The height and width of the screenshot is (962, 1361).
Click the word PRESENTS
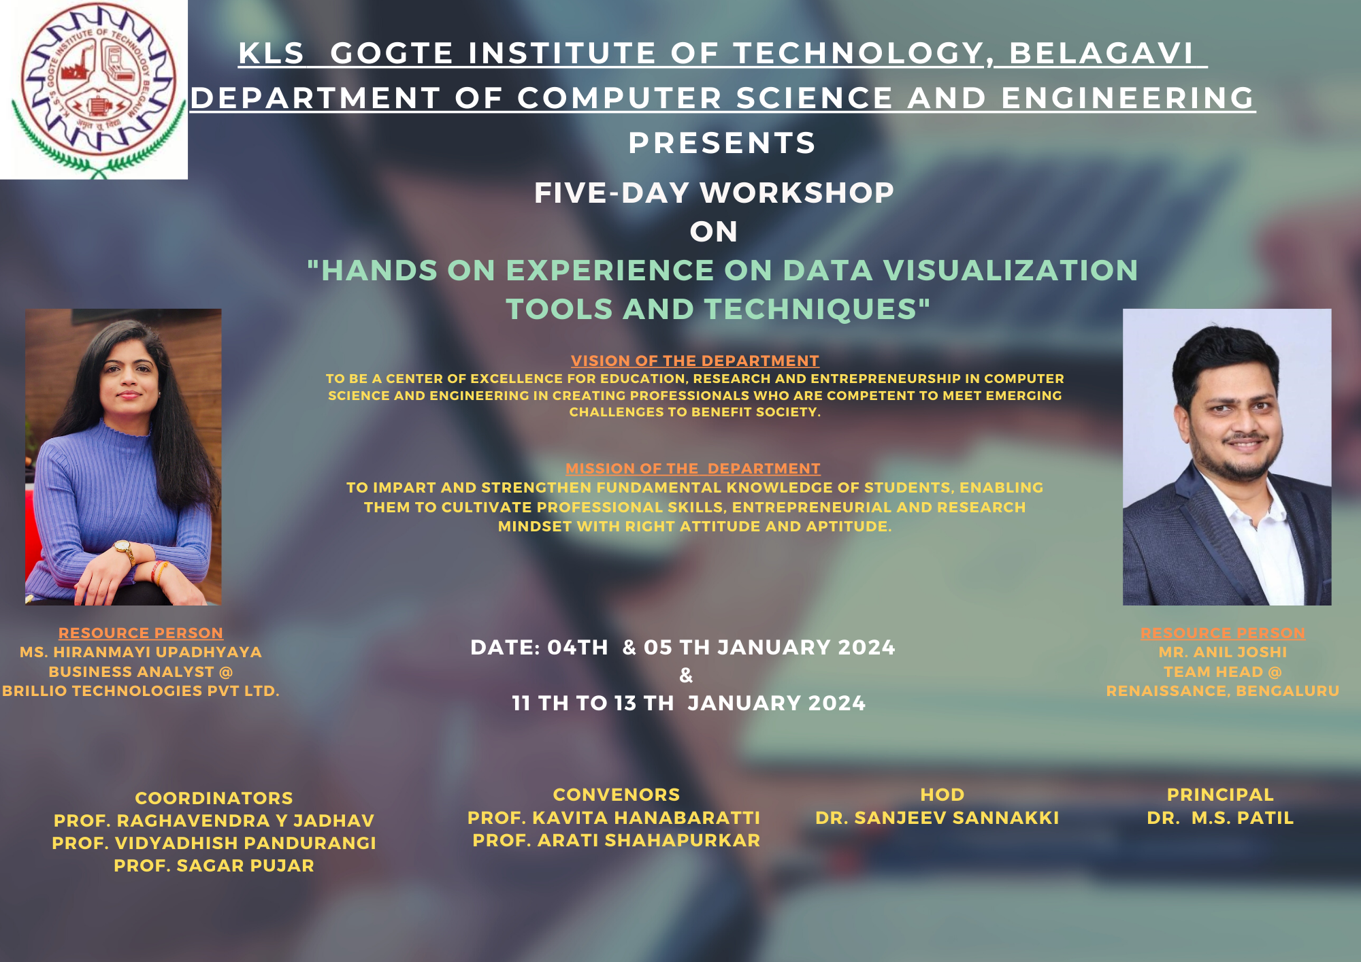click(x=722, y=143)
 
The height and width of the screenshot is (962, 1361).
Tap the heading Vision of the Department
click(x=695, y=361)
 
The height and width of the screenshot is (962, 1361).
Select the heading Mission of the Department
click(x=693, y=469)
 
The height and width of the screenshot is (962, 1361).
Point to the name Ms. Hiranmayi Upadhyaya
click(x=141, y=652)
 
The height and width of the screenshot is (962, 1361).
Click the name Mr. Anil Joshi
click(x=1223, y=652)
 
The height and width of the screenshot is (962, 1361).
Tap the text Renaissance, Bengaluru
click(x=1223, y=691)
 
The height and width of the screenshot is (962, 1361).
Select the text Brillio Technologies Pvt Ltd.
click(x=141, y=691)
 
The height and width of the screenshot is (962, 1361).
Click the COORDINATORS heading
click(x=214, y=798)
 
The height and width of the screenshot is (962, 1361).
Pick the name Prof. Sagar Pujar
click(x=214, y=865)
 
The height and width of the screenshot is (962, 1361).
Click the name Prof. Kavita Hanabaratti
click(x=614, y=818)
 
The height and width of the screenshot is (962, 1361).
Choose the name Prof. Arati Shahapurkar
click(x=617, y=840)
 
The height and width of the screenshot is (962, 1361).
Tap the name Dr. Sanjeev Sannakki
click(x=937, y=818)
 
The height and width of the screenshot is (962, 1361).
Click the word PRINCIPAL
click(x=1220, y=795)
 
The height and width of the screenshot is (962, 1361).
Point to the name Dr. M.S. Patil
click(x=1220, y=818)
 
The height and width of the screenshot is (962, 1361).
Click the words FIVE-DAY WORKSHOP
click(x=714, y=193)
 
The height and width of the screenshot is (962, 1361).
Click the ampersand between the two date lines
click(x=686, y=675)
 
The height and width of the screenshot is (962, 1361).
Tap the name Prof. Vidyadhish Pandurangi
click(x=214, y=843)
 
